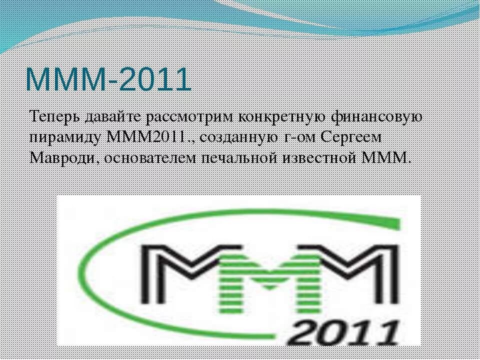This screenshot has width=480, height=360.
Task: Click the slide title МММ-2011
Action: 108,78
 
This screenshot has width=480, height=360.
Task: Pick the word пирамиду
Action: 65,137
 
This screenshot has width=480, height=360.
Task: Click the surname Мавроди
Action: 62,158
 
